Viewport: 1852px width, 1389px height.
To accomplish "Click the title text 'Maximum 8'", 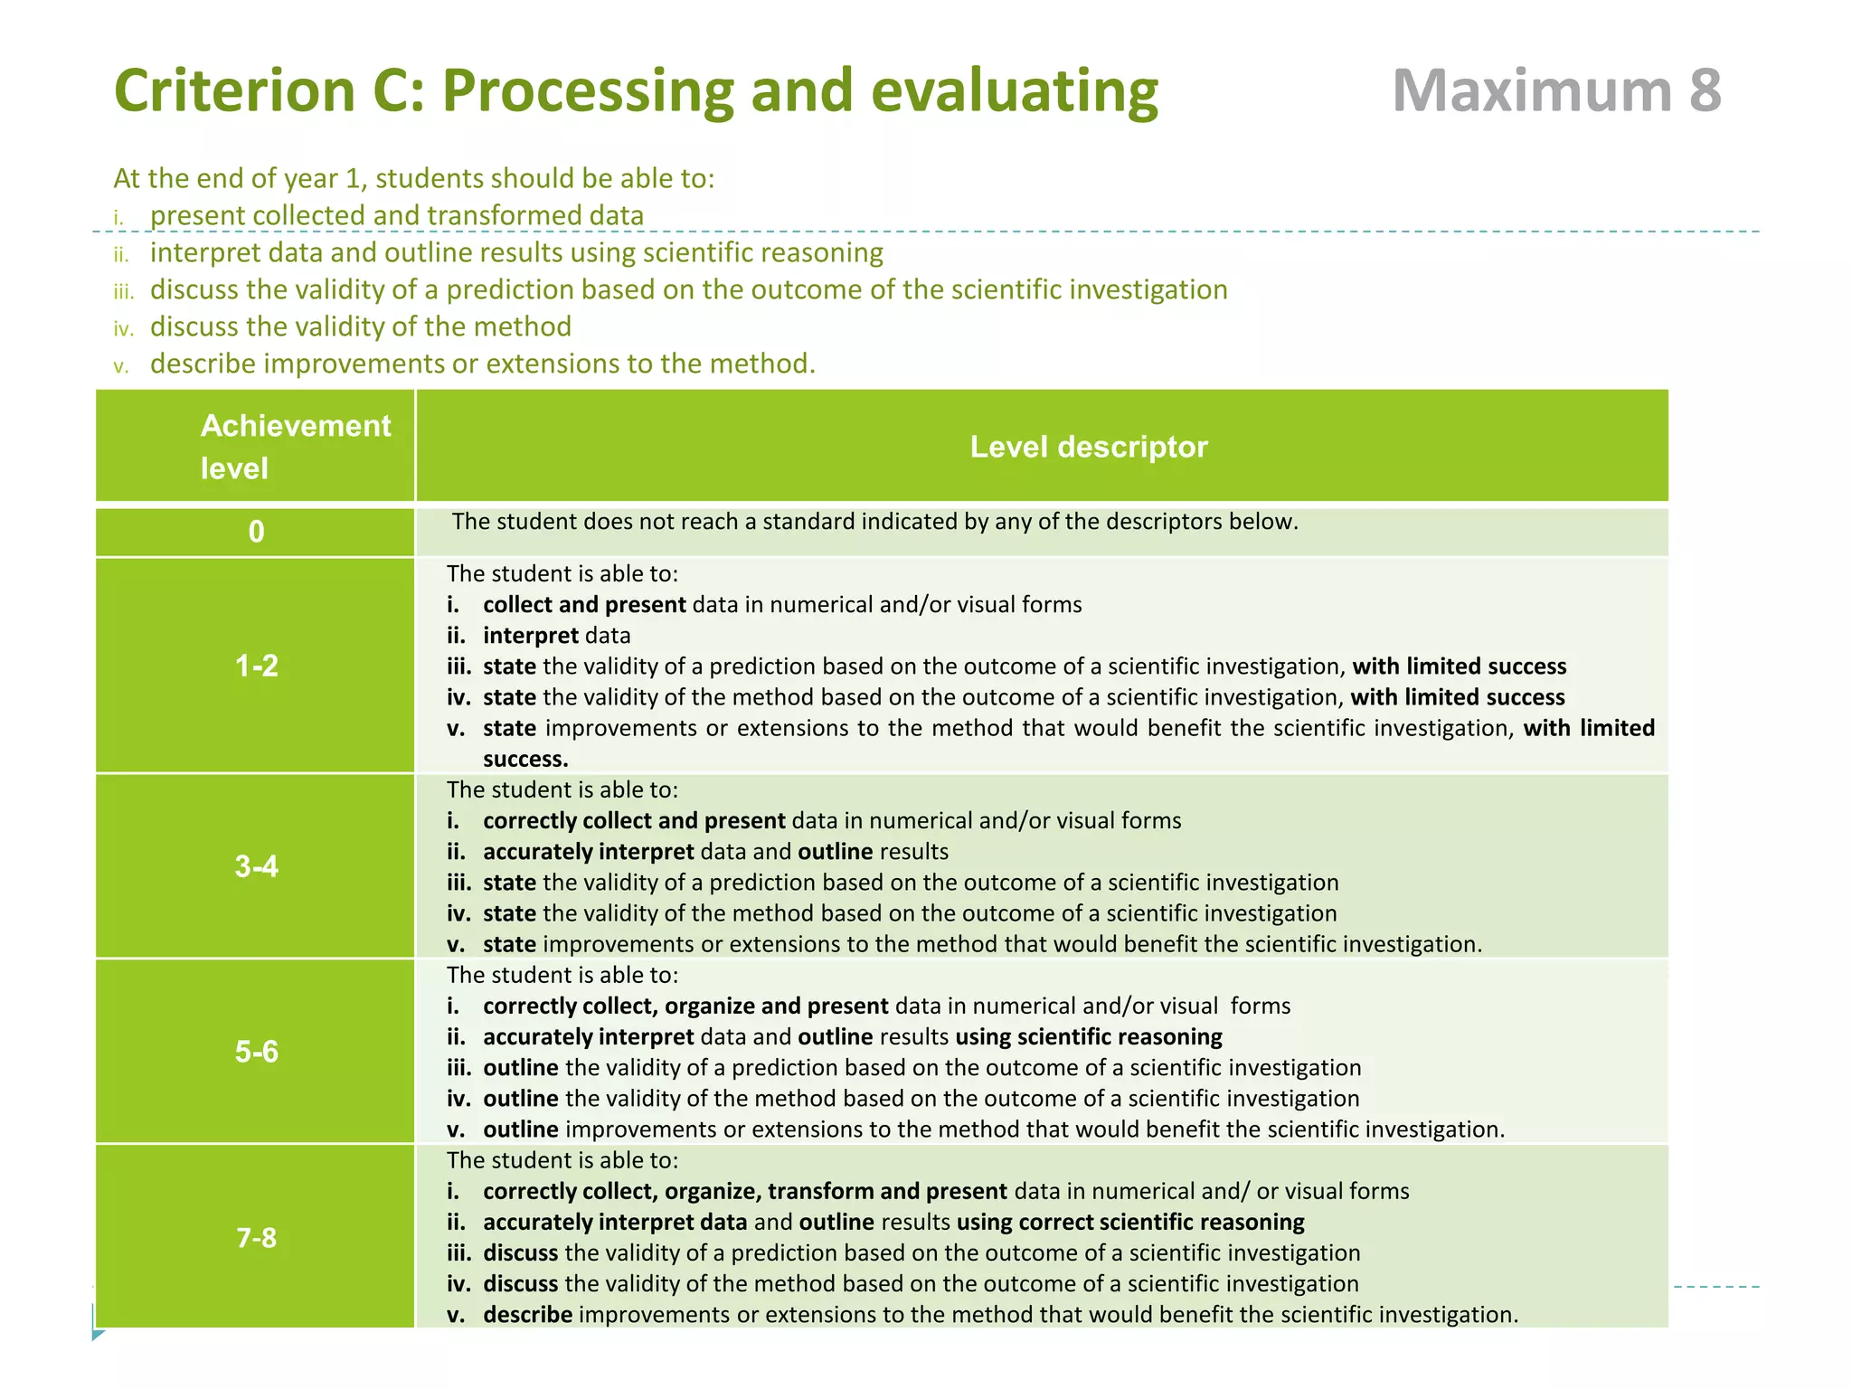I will [1555, 90].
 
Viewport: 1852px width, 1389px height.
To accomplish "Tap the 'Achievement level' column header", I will [295, 446].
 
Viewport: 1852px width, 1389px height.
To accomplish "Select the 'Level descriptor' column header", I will [1088, 447].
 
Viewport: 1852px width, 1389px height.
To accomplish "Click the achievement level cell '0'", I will [256, 532].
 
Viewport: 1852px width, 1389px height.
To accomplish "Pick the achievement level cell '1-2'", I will [256, 666].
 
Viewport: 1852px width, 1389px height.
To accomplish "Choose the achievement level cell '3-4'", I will [256, 866].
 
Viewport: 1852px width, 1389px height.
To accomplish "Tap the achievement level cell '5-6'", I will [256, 1052].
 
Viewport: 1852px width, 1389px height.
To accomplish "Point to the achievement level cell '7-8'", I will [256, 1237].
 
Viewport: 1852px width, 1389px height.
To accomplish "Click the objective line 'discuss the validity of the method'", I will [360, 326].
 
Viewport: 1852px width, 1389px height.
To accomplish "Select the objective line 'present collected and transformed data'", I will [396, 215].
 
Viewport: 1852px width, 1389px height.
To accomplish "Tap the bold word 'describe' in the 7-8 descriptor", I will [527, 1314].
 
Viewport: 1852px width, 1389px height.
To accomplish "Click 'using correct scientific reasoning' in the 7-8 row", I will [1130, 1222].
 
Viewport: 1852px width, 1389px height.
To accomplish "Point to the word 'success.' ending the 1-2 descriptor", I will [525, 759].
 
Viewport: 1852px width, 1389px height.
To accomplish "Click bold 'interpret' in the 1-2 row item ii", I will [530, 635].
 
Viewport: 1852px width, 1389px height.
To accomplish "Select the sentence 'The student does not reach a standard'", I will [874, 522].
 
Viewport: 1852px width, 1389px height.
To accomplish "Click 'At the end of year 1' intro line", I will [413, 178].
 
